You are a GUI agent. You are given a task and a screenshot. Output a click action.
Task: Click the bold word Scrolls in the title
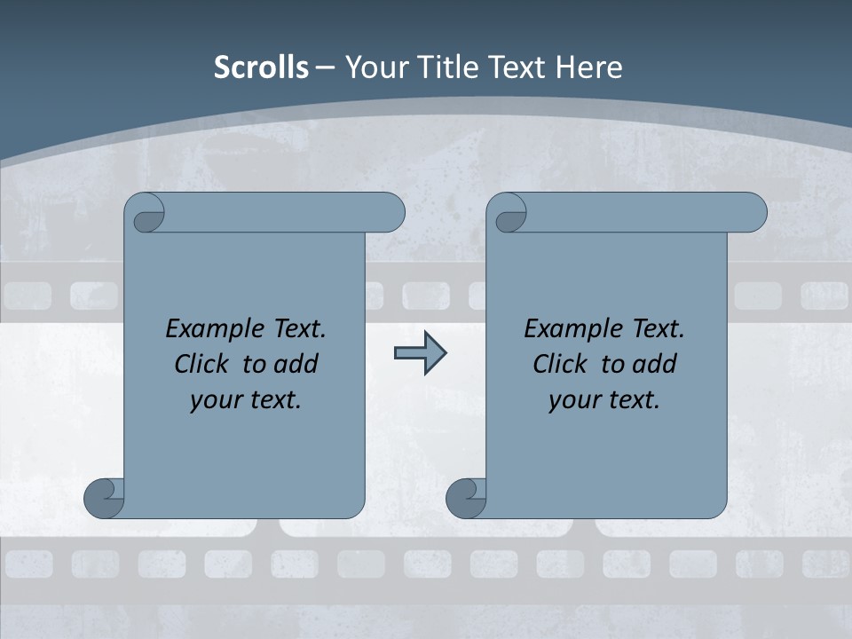coord(261,67)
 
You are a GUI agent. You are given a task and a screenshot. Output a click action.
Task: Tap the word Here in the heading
coord(589,67)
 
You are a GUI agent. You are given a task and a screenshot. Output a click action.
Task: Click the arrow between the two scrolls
coord(420,353)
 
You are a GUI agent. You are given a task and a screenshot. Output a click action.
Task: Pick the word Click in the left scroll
coord(194,364)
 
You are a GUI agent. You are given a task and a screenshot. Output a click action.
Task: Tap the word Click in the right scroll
coord(553,364)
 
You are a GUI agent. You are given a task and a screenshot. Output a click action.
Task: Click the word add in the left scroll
coord(295,364)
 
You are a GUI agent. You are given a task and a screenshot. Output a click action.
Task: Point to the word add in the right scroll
coord(653,364)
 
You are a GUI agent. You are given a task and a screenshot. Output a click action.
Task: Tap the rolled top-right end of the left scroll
coord(387,213)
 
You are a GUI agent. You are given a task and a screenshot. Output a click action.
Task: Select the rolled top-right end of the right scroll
coord(749,213)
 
